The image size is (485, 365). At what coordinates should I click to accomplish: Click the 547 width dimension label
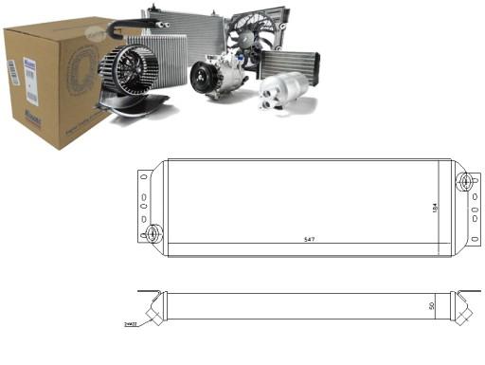[309, 239]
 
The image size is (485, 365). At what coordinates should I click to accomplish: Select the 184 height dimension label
[433, 208]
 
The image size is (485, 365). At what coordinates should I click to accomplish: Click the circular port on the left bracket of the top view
[152, 232]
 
